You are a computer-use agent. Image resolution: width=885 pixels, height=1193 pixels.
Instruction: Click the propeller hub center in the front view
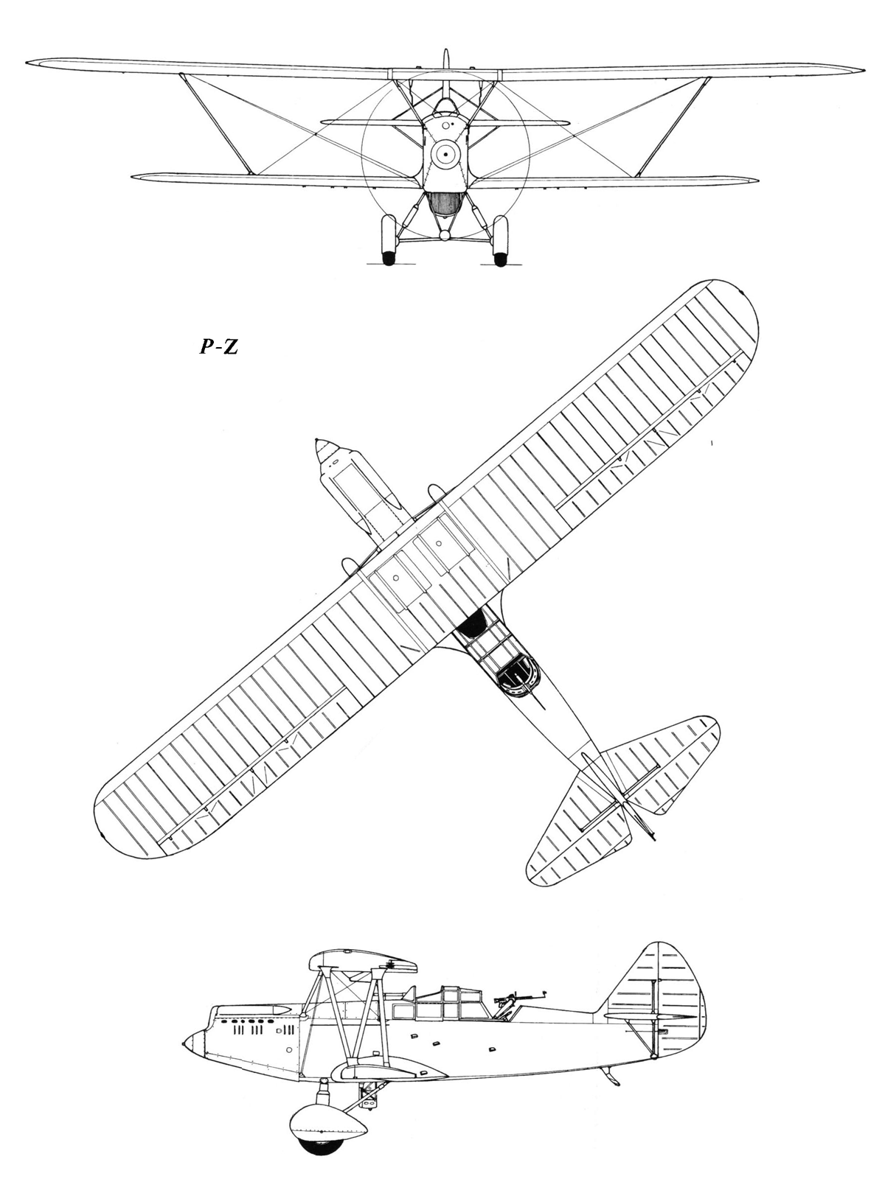445,155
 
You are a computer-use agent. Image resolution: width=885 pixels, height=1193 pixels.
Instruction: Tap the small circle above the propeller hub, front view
445,126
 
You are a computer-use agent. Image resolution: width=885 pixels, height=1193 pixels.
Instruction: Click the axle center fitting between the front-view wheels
445,236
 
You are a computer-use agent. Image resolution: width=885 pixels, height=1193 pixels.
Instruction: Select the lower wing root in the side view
389,1071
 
